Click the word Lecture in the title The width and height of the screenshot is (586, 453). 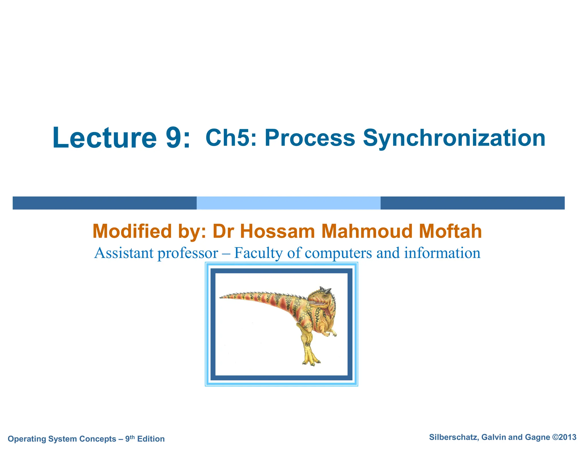click(105, 138)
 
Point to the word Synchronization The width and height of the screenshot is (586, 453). click(454, 138)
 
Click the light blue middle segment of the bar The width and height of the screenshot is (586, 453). click(288, 203)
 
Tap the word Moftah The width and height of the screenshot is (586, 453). click(450, 231)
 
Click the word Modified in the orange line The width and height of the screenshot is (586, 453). click(132, 231)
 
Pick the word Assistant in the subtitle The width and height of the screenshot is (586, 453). click(124, 253)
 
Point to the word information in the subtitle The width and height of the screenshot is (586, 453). click(442, 253)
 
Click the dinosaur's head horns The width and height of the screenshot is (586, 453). click(325, 289)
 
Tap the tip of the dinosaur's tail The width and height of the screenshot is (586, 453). click(221, 298)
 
